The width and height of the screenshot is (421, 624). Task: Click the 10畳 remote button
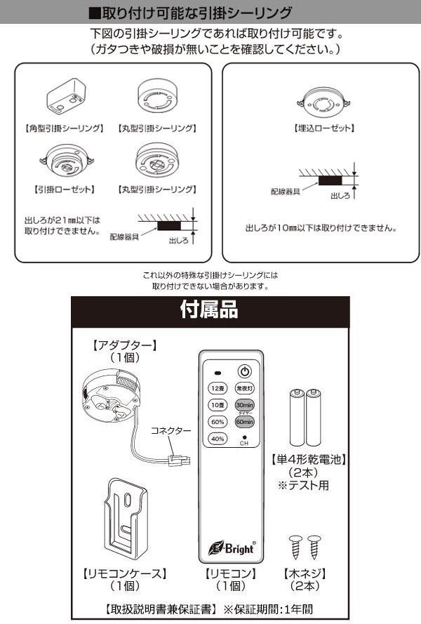coord(216,404)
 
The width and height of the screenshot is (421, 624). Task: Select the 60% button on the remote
coord(216,422)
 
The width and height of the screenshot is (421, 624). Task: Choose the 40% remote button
coord(216,439)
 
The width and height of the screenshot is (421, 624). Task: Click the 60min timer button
coord(244,422)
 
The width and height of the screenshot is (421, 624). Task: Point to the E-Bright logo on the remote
coord(229,548)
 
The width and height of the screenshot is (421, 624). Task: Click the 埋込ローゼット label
coord(322,129)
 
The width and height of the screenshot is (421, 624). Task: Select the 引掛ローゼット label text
coord(65,190)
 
